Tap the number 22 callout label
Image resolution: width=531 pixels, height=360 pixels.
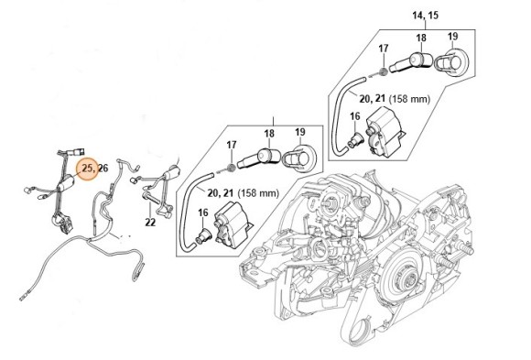tap(151, 221)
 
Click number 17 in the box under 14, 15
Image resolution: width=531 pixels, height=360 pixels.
tap(384, 48)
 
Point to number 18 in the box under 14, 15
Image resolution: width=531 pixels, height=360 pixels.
tap(421, 38)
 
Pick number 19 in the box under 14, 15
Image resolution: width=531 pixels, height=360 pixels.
tap(451, 38)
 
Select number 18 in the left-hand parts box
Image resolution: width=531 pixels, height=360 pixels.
tap(270, 133)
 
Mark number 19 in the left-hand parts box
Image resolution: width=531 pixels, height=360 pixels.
tap(299, 133)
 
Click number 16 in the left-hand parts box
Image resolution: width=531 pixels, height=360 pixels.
tap(204, 213)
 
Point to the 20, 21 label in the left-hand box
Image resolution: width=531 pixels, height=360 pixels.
tap(222, 193)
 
